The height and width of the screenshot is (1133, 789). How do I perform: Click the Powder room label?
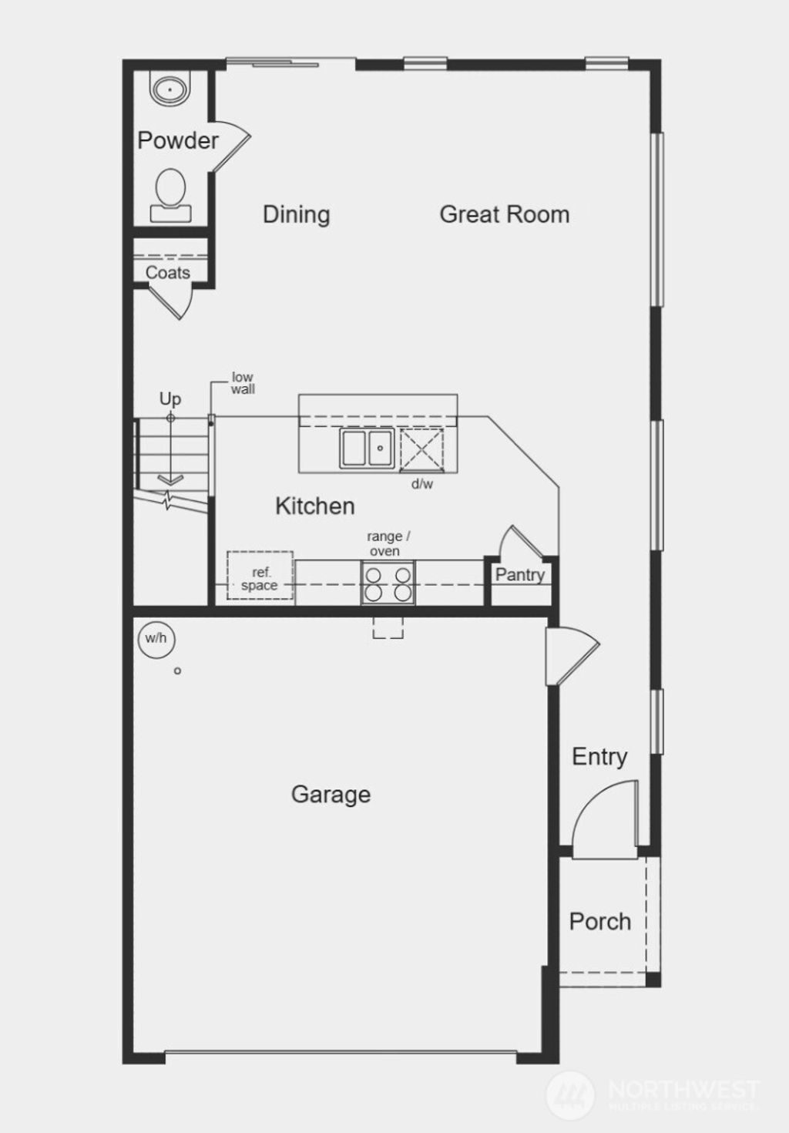[178, 140]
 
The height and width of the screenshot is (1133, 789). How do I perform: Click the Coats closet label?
[167, 273]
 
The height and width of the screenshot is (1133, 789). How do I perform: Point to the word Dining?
[296, 214]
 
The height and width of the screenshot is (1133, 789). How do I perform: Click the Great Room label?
[504, 214]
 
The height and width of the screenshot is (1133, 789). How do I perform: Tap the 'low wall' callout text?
[243, 383]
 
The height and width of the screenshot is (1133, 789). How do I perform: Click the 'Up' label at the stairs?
[170, 398]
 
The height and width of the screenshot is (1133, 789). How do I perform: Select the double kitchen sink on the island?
[367, 448]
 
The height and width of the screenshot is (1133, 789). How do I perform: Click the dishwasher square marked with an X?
[421, 448]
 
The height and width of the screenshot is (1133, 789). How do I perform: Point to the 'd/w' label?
[422, 484]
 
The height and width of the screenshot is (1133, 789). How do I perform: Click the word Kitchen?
[314, 506]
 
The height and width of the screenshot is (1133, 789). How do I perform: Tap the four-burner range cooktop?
[388, 583]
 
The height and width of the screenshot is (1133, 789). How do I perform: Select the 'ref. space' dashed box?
[260, 575]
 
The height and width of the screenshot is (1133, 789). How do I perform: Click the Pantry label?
[519, 574]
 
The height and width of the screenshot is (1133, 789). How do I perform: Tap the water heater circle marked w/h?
[156, 638]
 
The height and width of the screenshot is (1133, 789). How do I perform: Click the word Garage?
[331, 795]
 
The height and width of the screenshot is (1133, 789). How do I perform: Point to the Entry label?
[599, 757]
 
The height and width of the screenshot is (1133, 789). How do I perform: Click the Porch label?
[599, 921]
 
